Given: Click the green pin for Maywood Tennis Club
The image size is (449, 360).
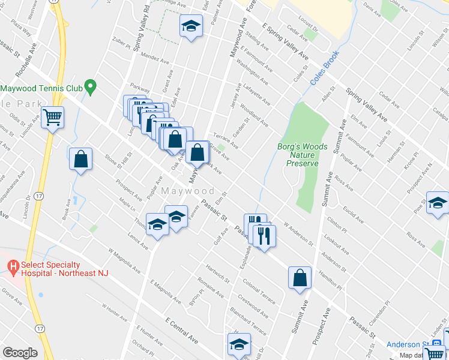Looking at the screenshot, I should click(x=90, y=88).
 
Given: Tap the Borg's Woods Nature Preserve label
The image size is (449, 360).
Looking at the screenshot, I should click(x=303, y=154).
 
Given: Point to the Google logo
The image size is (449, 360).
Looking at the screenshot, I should click(x=20, y=352).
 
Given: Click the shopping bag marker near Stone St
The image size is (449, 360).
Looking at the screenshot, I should click(x=80, y=159).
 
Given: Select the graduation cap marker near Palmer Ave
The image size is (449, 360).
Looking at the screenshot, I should click(x=191, y=26).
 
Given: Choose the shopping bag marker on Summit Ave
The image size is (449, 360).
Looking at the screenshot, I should click(x=300, y=278).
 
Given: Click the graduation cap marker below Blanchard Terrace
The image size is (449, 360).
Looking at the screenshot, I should click(x=238, y=345).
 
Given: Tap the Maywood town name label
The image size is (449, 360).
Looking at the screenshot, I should click(x=188, y=191).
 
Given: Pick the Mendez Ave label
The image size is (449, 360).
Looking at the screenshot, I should click(x=155, y=59).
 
